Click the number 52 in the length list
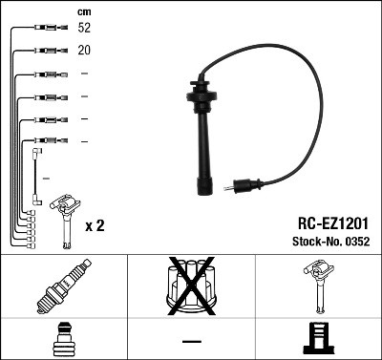[x=85, y=30]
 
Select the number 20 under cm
[x=85, y=52]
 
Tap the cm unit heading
[x=83, y=11]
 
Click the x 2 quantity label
[x=95, y=225]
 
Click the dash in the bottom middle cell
[x=191, y=341]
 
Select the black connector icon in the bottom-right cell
[x=318, y=339]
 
